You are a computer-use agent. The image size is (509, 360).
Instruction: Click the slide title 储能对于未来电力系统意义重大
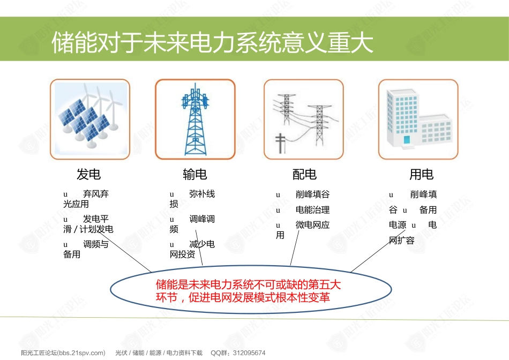(212, 42)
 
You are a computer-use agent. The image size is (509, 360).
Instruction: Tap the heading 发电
(88, 174)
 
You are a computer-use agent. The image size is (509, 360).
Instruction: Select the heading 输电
(195, 174)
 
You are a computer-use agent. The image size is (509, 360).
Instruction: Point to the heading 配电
(304, 174)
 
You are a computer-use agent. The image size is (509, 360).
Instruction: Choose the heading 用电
(421, 174)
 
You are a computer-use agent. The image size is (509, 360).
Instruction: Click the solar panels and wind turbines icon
(90, 119)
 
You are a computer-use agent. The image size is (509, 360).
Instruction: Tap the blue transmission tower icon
(196, 119)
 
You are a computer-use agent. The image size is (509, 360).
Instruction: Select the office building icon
(419, 119)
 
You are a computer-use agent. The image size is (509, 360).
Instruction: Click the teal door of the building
(407, 140)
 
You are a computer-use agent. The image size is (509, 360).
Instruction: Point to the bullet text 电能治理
(312, 209)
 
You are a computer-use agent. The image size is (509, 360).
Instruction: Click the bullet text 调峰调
(202, 219)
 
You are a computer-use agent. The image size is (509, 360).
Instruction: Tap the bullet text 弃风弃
(96, 194)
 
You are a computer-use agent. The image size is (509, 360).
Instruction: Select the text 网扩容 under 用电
(401, 240)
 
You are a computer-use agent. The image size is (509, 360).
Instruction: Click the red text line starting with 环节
(243, 297)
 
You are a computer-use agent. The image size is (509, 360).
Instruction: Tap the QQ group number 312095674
(249, 352)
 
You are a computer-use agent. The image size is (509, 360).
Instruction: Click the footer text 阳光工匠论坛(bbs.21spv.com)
(63, 352)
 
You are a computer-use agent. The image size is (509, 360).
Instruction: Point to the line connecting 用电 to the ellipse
(378, 251)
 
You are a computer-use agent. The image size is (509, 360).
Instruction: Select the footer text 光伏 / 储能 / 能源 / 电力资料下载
(159, 352)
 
